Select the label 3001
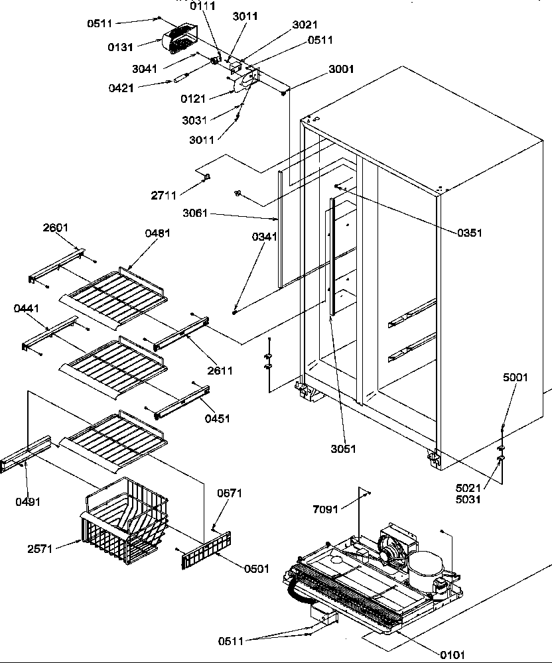click(x=341, y=69)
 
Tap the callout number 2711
click(x=163, y=196)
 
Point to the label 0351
click(x=469, y=233)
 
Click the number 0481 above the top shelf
click(x=156, y=233)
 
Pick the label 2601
click(x=56, y=228)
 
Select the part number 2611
click(x=220, y=371)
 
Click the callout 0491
click(x=28, y=502)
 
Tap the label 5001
click(x=515, y=378)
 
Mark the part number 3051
click(x=343, y=449)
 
